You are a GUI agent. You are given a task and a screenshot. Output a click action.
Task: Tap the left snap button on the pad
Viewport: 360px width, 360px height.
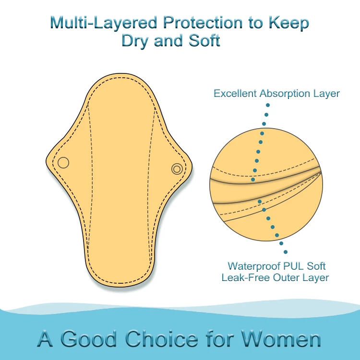[63, 163]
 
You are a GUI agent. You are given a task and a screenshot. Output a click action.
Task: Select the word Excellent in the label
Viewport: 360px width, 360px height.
[235, 93]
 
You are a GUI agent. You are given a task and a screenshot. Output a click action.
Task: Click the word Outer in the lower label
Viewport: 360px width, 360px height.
[282, 277]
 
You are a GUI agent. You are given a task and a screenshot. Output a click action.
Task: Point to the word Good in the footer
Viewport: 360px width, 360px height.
[89, 339]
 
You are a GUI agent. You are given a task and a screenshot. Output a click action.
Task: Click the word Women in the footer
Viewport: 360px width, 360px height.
[281, 339]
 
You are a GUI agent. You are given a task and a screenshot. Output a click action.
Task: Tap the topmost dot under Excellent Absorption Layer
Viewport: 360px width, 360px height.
[267, 105]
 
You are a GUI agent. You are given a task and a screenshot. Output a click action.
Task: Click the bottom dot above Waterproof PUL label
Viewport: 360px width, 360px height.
[286, 252]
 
